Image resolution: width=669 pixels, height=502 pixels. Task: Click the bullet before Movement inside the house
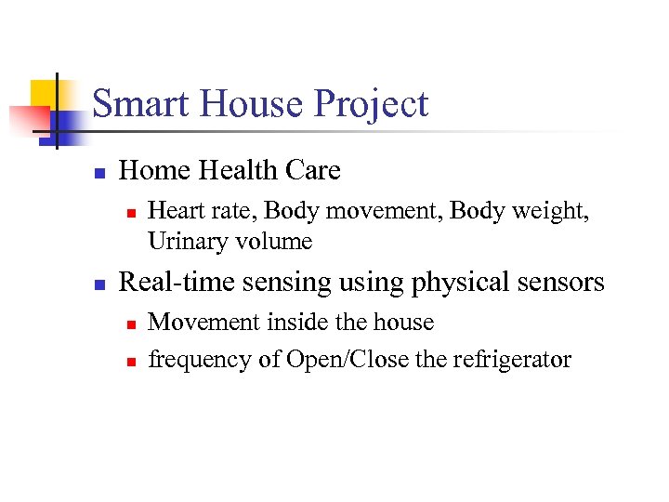(131, 324)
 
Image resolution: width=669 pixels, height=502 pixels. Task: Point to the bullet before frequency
(131, 361)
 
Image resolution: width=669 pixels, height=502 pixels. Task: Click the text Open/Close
(348, 360)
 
